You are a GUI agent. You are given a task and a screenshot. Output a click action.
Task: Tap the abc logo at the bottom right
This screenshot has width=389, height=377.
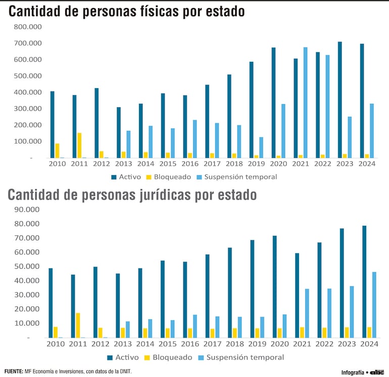[x=377, y=372]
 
